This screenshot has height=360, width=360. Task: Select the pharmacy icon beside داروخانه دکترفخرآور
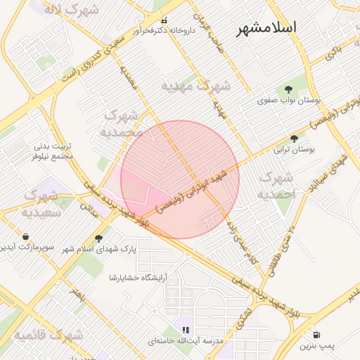165,20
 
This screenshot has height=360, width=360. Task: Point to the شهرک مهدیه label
195,86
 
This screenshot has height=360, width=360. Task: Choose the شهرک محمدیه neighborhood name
122,123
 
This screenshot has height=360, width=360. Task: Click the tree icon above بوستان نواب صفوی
288,89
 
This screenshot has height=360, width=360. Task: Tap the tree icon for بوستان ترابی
294,139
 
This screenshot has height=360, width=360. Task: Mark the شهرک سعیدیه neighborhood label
40,202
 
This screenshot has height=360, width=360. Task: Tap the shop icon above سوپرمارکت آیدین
26,236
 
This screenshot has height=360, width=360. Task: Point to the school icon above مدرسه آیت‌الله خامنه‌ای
186,329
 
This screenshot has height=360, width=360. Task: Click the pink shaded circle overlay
180,179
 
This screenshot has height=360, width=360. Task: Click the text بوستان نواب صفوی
289,101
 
